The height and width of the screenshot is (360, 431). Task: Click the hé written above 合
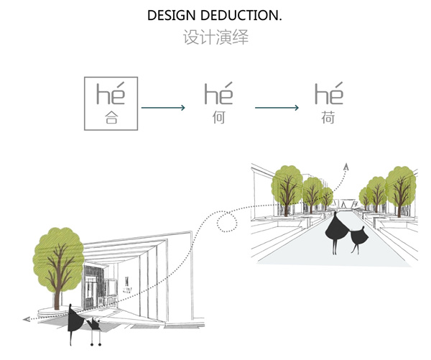pyautogui.click(x=111, y=94)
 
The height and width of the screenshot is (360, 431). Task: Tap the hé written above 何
pyautogui.click(x=219, y=94)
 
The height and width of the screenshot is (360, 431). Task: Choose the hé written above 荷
pyautogui.click(x=328, y=94)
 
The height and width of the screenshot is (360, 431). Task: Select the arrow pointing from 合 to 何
pyautogui.click(x=164, y=108)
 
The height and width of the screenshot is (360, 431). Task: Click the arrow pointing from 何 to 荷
pyautogui.click(x=277, y=108)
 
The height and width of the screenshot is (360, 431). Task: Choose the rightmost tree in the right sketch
pyautogui.click(x=401, y=185)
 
